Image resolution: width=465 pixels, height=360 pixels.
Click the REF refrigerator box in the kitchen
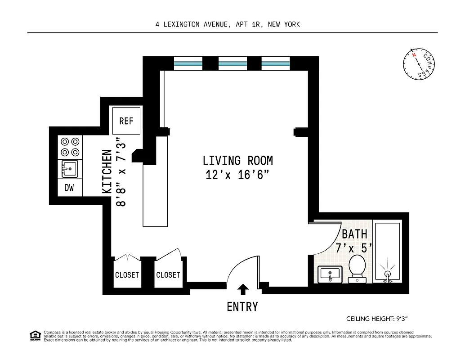pyautogui.click(x=126, y=121)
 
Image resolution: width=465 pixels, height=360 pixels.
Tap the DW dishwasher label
pyautogui.click(x=69, y=188)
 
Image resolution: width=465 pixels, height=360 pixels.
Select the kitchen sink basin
pyautogui.click(x=70, y=170)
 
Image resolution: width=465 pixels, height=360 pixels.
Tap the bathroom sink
pyautogui.click(x=330, y=274)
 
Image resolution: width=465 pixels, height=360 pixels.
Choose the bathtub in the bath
pyautogui.click(x=387, y=251)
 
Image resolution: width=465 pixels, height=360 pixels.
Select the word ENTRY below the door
pyautogui.click(x=242, y=307)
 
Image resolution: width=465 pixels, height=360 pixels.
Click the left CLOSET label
pyautogui.click(x=127, y=275)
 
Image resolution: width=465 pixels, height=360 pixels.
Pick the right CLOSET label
pyautogui.click(x=168, y=275)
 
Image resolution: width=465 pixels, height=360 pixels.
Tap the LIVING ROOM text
pyautogui.click(x=237, y=161)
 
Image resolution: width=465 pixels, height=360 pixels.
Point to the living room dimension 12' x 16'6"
pyautogui.click(x=237, y=175)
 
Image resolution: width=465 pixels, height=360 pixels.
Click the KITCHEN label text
pyautogui.click(x=107, y=171)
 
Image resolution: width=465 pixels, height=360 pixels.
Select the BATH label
pyautogui.click(x=354, y=234)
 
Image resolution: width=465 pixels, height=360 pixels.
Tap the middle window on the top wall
pyautogui.click(x=232, y=64)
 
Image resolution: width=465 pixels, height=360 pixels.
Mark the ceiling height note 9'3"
pyautogui.click(x=376, y=319)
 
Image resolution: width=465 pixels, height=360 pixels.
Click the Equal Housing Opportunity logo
pyautogui.click(x=35, y=336)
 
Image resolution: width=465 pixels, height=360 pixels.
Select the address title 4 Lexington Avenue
pyautogui.click(x=228, y=24)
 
